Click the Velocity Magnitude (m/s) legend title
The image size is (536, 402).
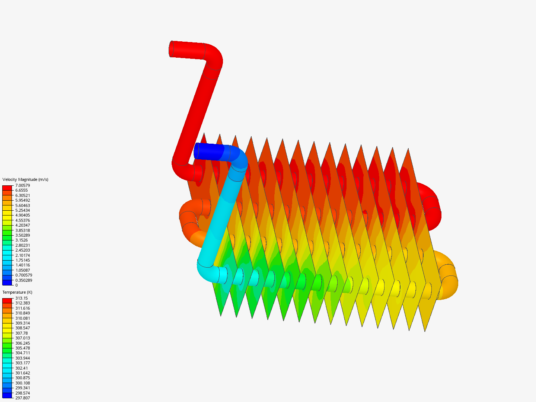click(25, 179)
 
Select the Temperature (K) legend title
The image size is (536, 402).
click(17, 292)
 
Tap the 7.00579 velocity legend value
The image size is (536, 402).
click(23, 185)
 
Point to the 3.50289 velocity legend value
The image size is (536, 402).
click(23, 235)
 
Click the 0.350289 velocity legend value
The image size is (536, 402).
click(24, 280)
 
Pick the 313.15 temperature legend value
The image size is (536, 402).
click(22, 298)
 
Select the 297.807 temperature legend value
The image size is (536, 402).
click(23, 398)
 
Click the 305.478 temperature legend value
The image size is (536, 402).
click(23, 348)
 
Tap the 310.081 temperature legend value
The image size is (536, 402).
click(23, 318)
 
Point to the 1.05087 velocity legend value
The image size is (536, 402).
click(23, 270)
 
